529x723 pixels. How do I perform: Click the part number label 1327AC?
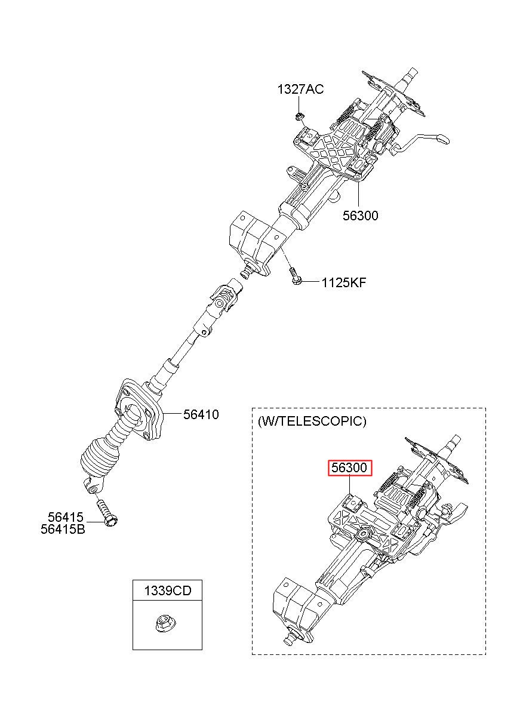click(300, 90)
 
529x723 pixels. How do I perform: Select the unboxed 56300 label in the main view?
click(360, 216)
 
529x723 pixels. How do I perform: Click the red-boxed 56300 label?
click(349, 468)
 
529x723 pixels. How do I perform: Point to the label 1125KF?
click(343, 282)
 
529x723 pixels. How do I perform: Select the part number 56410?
click(201, 414)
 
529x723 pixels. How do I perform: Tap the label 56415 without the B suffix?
click(66, 518)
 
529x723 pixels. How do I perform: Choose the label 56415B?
click(63, 529)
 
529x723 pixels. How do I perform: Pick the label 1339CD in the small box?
click(167, 591)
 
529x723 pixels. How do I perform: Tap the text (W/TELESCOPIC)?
click(312, 421)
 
